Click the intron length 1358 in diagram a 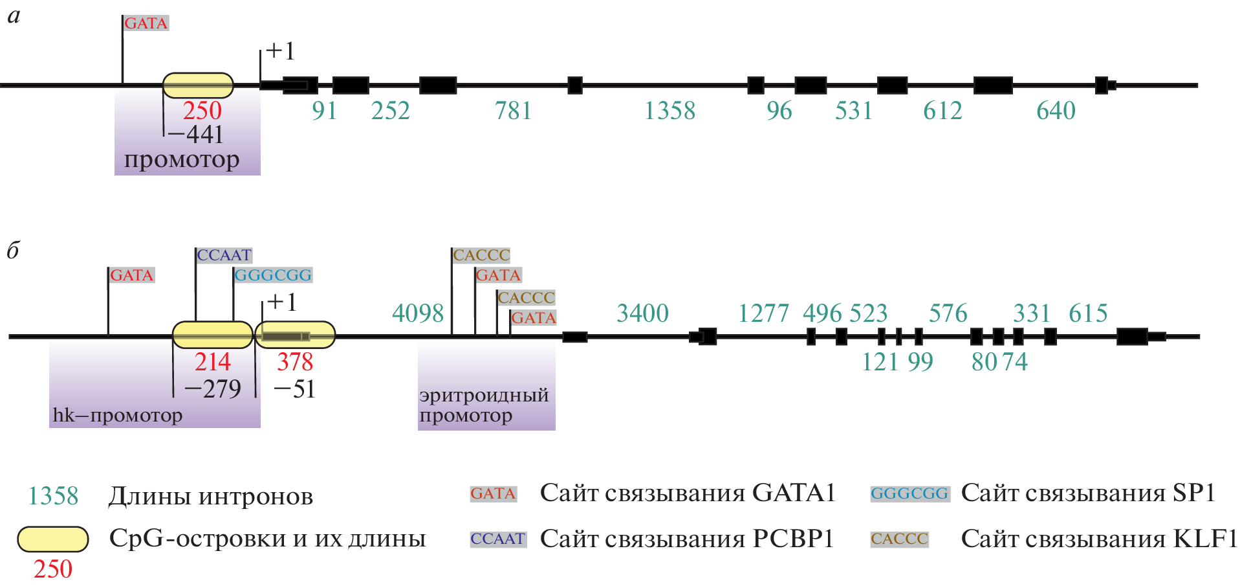click(x=669, y=111)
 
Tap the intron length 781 click(x=513, y=111)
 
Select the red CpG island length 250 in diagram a click(x=202, y=111)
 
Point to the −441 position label click(x=195, y=135)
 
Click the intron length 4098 click(x=418, y=313)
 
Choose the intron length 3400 click(x=642, y=313)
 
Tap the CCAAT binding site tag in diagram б click(x=224, y=255)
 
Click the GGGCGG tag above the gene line click(x=273, y=275)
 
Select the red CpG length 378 click(x=295, y=362)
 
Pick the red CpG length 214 click(x=212, y=362)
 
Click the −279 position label click(x=212, y=389)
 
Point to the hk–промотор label click(x=117, y=415)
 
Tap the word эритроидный click(x=484, y=395)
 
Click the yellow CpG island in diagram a click(x=198, y=85)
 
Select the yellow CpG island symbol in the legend click(x=52, y=539)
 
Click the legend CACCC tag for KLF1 click(x=899, y=539)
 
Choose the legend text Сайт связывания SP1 click(x=1088, y=493)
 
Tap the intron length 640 click(x=1056, y=111)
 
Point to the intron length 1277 click(x=763, y=313)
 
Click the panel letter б click(x=14, y=250)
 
